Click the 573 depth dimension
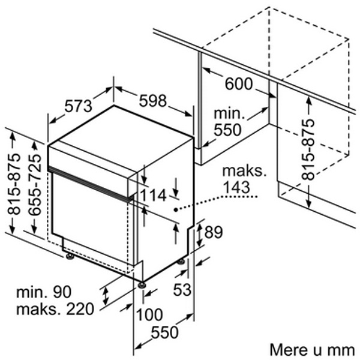(x=78, y=107)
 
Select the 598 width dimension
(x=152, y=101)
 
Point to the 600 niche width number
(x=239, y=83)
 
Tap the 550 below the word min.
(x=227, y=130)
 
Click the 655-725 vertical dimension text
(x=35, y=185)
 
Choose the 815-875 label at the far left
(x=14, y=184)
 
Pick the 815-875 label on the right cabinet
(x=308, y=149)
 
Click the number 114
(x=153, y=196)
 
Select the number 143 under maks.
(x=236, y=187)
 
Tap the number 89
(x=214, y=232)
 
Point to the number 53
(x=182, y=289)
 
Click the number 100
(x=149, y=314)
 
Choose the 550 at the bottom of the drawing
(x=164, y=332)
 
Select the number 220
(x=80, y=309)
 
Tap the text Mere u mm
(x=312, y=350)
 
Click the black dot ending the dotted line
(x=176, y=209)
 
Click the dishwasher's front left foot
(x=69, y=256)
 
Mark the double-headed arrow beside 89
(x=200, y=235)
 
